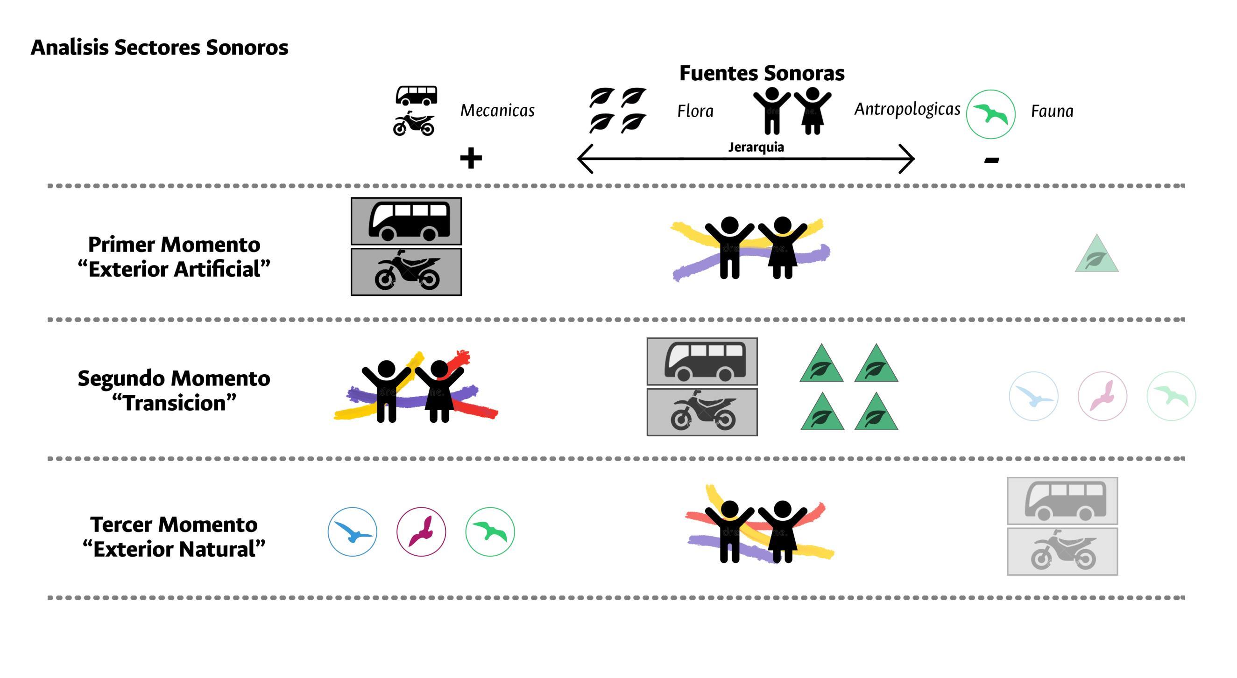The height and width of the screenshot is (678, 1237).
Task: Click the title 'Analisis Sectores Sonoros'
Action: [x=159, y=48]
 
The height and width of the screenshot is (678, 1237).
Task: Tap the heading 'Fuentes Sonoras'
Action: [x=762, y=73]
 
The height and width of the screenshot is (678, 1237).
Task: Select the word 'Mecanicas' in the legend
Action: [x=497, y=111]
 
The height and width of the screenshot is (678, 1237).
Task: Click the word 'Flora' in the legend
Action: [x=695, y=112]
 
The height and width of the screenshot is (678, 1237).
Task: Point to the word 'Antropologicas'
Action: [x=907, y=109]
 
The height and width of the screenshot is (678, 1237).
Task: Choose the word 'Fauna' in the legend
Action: [x=1052, y=112]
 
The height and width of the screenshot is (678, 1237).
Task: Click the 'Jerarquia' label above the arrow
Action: [x=756, y=147]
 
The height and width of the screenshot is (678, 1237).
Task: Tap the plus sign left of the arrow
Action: [x=471, y=158]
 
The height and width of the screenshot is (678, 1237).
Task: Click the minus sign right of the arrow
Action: [x=991, y=160]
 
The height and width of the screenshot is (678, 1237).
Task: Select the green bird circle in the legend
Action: [x=990, y=114]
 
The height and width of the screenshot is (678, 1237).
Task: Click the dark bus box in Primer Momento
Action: [x=406, y=221]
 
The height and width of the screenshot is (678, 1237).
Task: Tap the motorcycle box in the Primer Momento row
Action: [x=406, y=272]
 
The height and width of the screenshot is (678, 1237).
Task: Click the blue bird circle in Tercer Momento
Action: [x=353, y=531]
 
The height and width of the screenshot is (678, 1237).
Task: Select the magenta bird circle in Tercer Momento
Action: [x=421, y=531]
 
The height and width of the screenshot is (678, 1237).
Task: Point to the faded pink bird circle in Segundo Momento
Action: [x=1102, y=396]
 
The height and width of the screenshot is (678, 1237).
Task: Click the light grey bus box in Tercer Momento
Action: [x=1062, y=501]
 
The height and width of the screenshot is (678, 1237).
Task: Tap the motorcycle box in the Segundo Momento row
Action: [x=702, y=412]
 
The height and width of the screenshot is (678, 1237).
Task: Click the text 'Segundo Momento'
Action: [x=174, y=378]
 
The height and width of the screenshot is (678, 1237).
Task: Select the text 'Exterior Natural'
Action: [x=174, y=549]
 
